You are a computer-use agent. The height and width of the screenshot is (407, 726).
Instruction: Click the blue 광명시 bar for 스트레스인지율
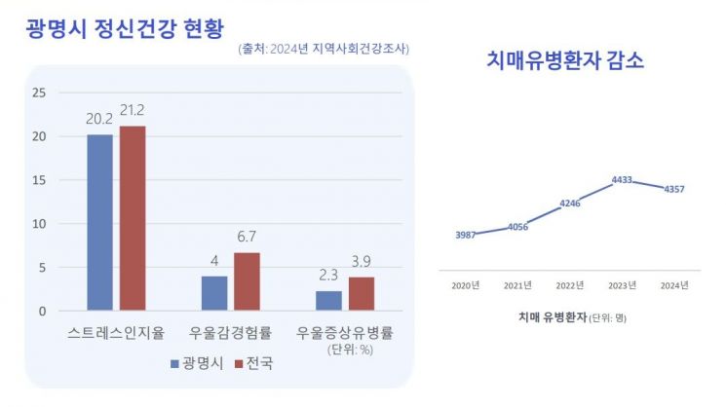(x=99, y=222)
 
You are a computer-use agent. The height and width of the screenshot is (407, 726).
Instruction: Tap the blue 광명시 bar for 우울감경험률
(x=213, y=292)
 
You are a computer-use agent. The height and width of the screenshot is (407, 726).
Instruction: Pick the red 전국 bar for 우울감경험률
(x=247, y=280)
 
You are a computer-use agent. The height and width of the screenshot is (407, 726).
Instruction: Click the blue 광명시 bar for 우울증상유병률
(x=328, y=300)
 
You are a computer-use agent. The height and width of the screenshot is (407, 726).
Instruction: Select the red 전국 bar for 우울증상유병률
(x=362, y=293)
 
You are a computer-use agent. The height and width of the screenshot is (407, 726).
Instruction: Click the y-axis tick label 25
(x=39, y=92)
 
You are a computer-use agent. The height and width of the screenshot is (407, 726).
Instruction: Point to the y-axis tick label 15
(x=39, y=180)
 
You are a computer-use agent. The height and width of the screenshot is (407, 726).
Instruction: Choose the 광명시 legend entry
(x=197, y=363)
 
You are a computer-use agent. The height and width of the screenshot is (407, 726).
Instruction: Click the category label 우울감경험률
(x=230, y=332)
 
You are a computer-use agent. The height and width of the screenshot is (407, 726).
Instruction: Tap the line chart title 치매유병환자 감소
(x=565, y=60)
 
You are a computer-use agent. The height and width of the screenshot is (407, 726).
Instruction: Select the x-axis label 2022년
(x=570, y=285)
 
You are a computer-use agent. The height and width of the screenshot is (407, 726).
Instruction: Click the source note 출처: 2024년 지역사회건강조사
(x=324, y=49)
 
